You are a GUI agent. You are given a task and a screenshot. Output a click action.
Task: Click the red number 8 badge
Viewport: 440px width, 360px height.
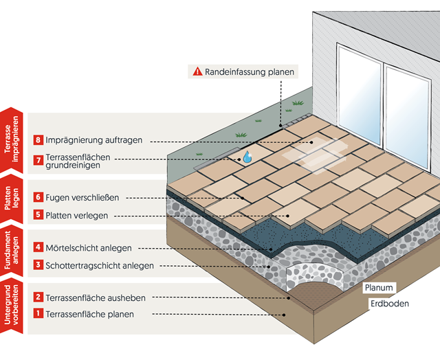click(38, 140)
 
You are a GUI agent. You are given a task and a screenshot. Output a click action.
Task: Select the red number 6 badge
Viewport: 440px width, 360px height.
click(38, 197)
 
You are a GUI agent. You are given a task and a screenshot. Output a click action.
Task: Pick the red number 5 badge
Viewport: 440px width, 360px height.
click(38, 215)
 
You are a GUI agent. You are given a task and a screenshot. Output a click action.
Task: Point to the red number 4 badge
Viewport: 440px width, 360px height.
click(38, 247)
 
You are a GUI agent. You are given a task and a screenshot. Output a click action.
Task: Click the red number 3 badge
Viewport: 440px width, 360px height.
click(38, 265)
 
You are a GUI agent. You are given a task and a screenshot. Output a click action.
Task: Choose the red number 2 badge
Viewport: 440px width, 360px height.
click(38, 297)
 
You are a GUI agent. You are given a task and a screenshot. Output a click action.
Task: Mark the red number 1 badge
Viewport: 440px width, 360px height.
click(38, 315)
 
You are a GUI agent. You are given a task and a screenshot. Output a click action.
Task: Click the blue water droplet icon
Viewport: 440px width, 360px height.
click(246, 157)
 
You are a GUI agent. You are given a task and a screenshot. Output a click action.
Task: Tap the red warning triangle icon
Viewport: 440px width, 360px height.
click(197, 71)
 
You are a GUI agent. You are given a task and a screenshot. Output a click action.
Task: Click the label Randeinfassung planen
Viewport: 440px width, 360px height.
click(249, 71)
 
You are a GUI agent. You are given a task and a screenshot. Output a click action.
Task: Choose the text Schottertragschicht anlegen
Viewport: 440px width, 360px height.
click(100, 265)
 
